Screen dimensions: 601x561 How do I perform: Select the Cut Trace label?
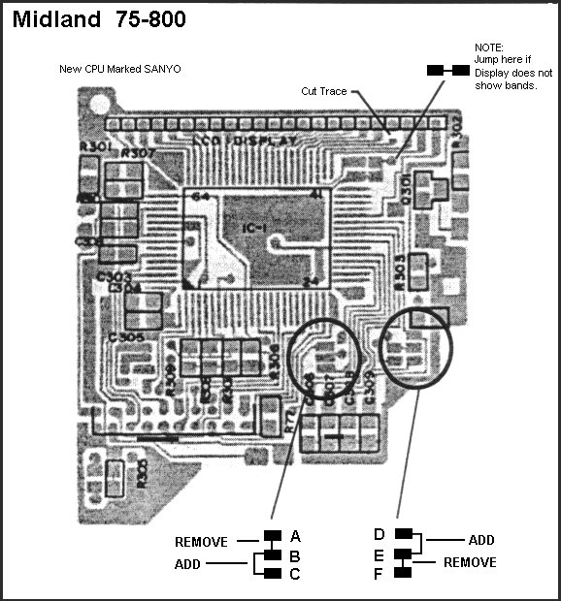pyautogui.click(x=323, y=91)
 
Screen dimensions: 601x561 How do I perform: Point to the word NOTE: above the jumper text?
pyautogui.click(x=489, y=47)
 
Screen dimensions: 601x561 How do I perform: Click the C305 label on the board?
pyautogui.click(x=126, y=336)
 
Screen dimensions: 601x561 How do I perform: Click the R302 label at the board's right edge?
pyautogui.click(x=454, y=127)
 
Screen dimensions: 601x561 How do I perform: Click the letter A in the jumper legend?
pyautogui.click(x=295, y=536)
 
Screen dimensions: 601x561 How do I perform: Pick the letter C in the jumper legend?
pyautogui.click(x=295, y=574)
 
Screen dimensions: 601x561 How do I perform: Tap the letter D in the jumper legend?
pyautogui.click(x=379, y=533)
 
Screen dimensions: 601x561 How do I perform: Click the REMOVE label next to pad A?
pyautogui.click(x=201, y=542)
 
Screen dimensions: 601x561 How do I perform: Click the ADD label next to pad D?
pyautogui.click(x=481, y=540)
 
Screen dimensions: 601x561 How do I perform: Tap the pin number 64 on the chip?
pyautogui.click(x=201, y=197)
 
